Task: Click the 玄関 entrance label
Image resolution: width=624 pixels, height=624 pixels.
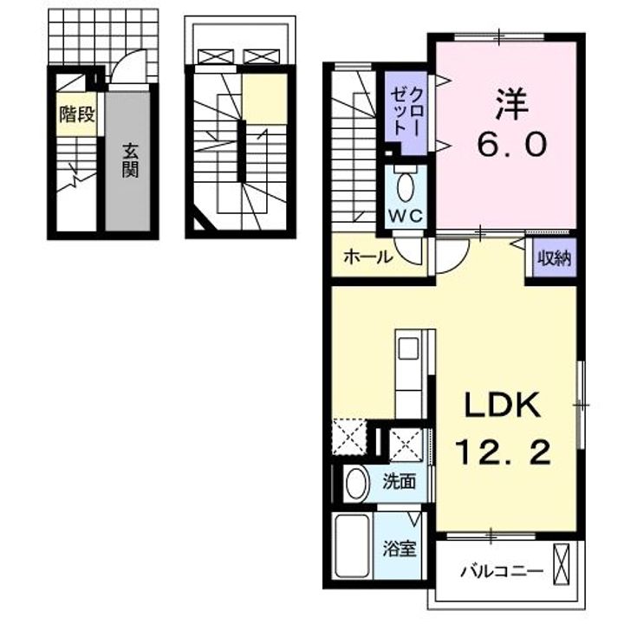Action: [130, 160]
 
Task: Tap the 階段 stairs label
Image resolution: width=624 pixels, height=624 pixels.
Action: [77, 114]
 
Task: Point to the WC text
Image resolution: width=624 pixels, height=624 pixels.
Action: [405, 216]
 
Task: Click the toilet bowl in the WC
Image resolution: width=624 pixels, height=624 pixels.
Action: [406, 186]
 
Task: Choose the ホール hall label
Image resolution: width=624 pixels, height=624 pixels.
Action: [367, 257]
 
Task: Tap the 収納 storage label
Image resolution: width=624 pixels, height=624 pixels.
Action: [555, 258]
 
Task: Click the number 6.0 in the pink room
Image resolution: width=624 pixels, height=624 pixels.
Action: [512, 145]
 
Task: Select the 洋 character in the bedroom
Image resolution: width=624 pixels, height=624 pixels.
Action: [512, 105]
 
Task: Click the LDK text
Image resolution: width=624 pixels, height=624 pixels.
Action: [503, 405]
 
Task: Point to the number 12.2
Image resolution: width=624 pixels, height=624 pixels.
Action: [503, 452]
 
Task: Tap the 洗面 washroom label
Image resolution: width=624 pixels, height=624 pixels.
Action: [400, 482]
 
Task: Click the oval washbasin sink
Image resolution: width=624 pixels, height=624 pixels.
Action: [356, 483]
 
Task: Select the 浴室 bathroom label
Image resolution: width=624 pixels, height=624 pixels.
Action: [400, 549]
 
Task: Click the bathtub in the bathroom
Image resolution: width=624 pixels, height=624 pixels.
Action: [352, 546]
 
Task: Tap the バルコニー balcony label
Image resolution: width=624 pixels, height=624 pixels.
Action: [502, 572]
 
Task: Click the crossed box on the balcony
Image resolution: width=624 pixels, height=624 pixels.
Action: [562, 564]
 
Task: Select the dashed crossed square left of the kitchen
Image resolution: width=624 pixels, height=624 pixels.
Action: [349, 437]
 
